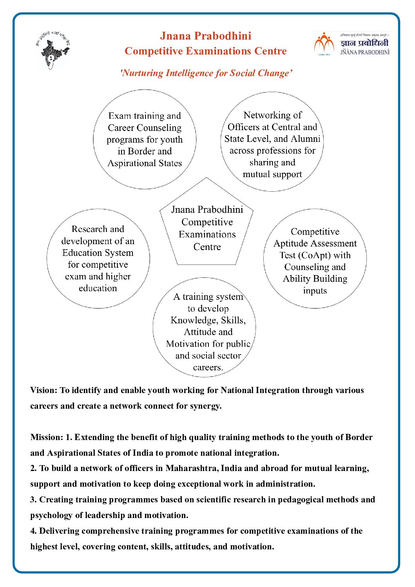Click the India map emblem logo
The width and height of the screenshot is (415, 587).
(53, 50)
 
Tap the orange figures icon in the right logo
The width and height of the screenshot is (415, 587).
(324, 43)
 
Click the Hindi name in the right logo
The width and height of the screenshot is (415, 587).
(364, 43)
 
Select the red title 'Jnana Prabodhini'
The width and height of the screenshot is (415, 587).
(205, 36)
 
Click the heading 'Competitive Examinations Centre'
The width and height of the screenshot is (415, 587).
(205, 51)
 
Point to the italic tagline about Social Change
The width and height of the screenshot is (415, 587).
(206, 73)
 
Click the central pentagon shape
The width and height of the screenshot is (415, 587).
(207, 227)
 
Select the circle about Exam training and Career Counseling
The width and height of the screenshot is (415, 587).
(145, 139)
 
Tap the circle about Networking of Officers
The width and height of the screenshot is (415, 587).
(272, 142)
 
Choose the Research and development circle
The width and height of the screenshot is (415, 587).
(98, 258)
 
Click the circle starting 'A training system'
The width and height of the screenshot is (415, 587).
(204, 328)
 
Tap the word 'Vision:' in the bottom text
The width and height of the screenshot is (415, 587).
(44, 390)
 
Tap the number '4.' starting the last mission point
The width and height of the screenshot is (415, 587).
(34, 531)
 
